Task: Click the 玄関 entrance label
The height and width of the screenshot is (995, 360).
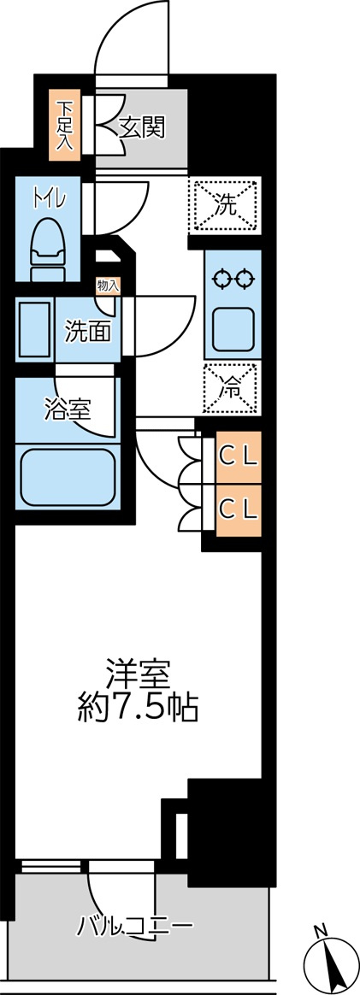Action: coord(142,127)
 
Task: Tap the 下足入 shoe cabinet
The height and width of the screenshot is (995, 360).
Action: coord(65,125)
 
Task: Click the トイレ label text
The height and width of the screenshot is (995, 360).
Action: coord(48,199)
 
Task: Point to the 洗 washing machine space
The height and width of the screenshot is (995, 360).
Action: coord(225,204)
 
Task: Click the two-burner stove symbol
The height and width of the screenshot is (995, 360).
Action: coord(233,280)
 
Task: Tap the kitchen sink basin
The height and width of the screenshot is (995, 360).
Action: coord(233,329)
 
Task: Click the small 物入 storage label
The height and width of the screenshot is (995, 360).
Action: coord(108,286)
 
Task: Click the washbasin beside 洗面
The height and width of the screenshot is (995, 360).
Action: coord(35,329)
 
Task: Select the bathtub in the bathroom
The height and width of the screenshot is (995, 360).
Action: coord(68,477)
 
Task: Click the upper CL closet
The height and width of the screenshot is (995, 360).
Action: coord(238,455)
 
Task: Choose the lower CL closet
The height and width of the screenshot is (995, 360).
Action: coord(238,509)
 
